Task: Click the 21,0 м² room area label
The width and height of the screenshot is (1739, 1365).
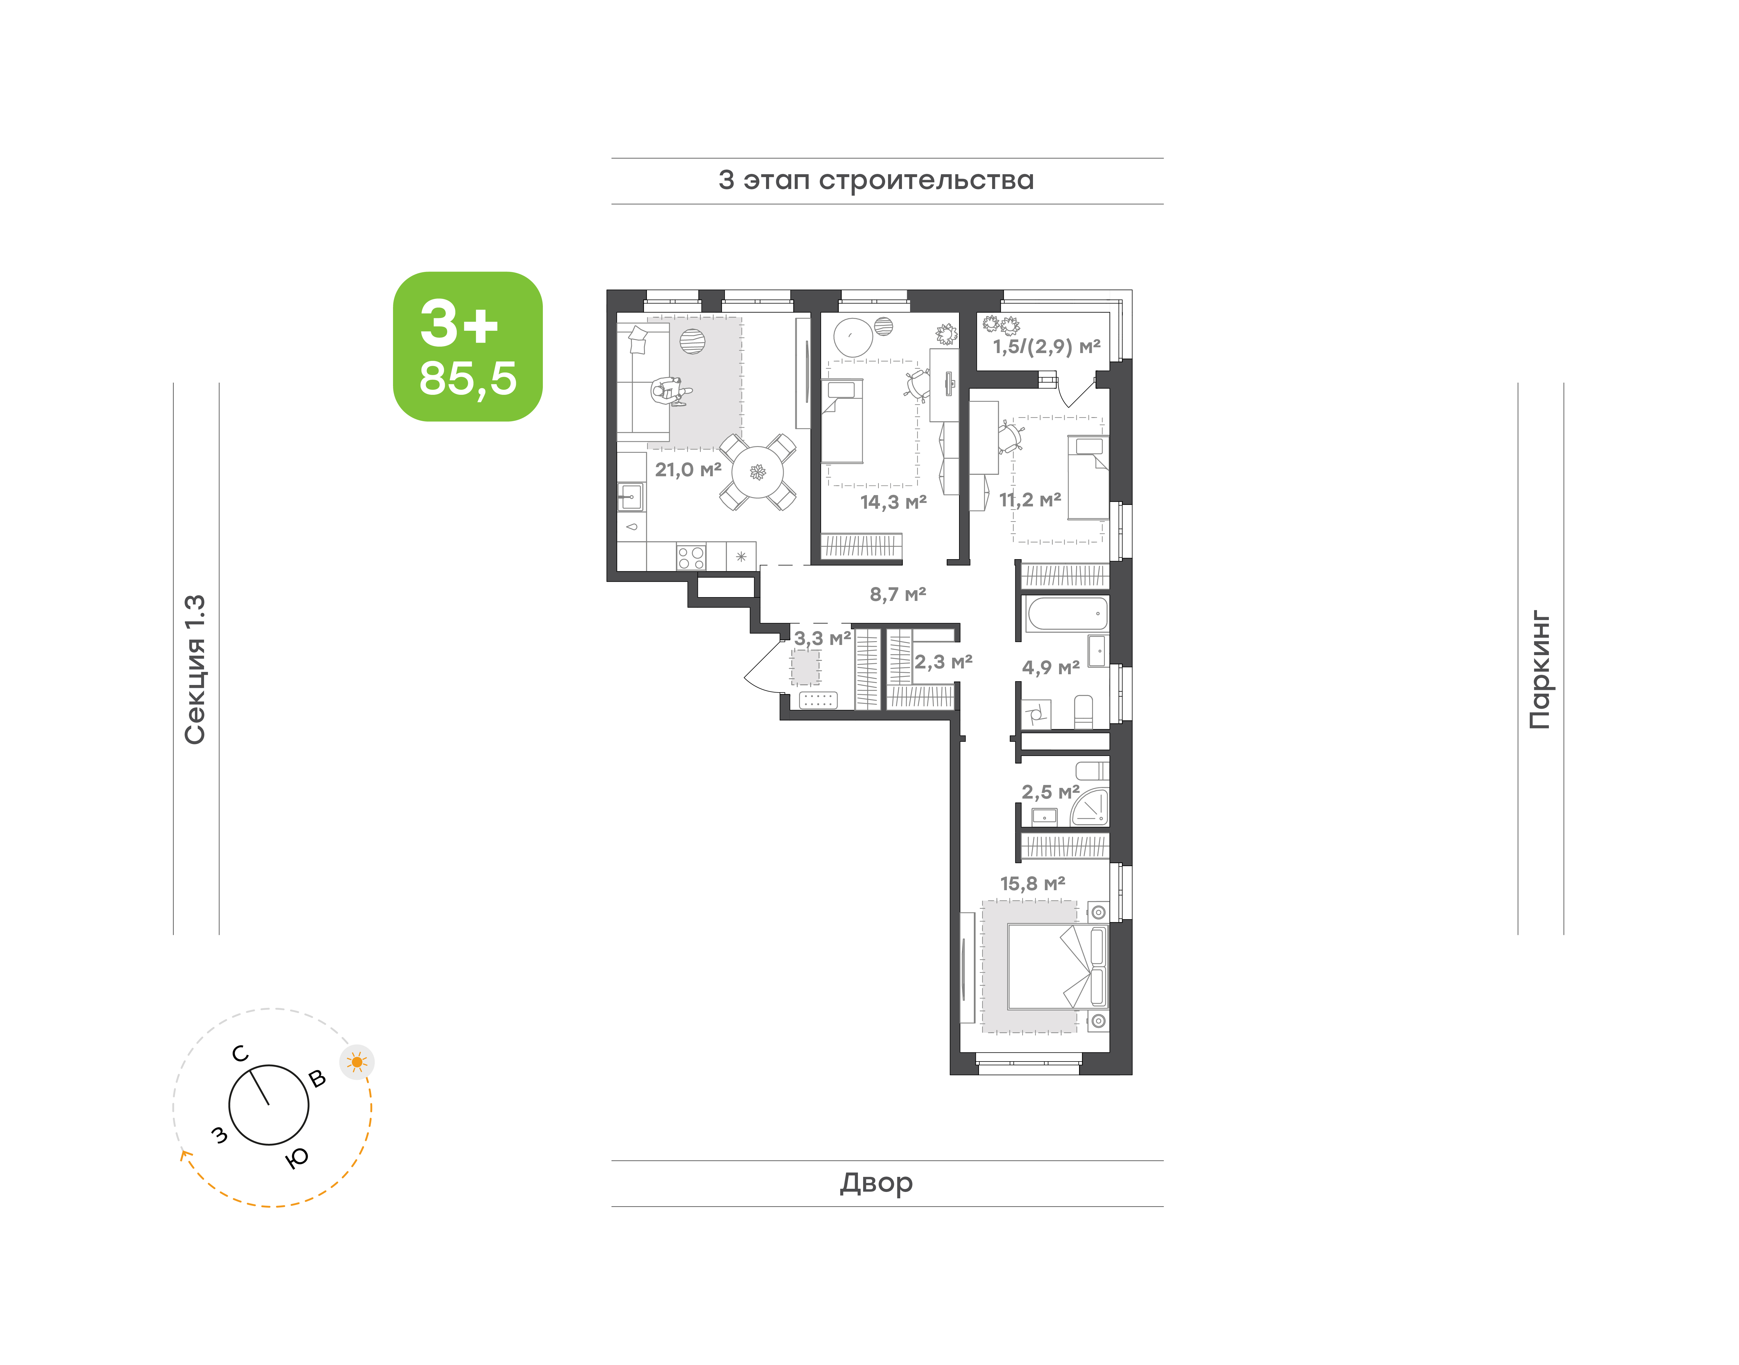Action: pyautogui.click(x=688, y=470)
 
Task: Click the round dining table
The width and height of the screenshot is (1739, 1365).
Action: pyautogui.click(x=758, y=472)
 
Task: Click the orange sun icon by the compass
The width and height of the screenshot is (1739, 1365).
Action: pyautogui.click(x=356, y=1062)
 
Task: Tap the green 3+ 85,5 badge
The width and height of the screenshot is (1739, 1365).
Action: pyautogui.click(x=468, y=346)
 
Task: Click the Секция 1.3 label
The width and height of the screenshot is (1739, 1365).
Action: pyautogui.click(x=195, y=670)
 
